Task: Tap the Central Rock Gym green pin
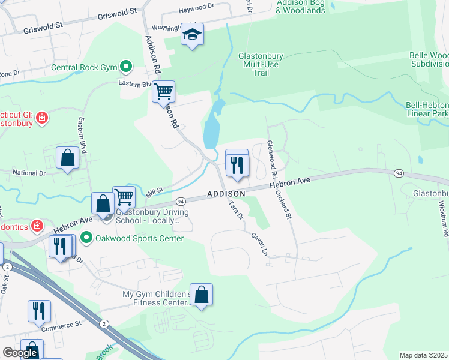click(126, 67)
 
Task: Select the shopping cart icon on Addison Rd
click(163, 92)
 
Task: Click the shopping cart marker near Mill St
click(124, 196)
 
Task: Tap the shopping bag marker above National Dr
click(68, 158)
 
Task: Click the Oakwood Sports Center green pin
click(86, 238)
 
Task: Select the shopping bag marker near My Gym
click(202, 295)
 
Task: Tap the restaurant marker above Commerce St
click(39, 311)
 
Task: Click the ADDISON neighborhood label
click(226, 194)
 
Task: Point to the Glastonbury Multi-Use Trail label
click(261, 64)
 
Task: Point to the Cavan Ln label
click(259, 244)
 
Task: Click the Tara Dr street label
click(235, 211)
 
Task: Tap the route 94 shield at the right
click(399, 173)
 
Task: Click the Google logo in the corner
click(20, 353)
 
